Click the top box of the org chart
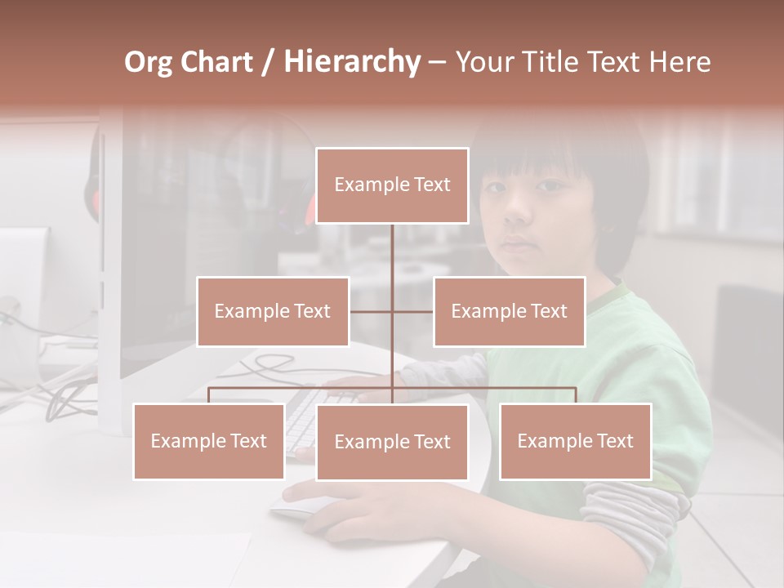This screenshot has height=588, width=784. [x=392, y=185]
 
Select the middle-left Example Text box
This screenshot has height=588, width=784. [x=273, y=311]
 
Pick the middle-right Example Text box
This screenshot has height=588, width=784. [x=509, y=311]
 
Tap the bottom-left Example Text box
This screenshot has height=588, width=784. [x=209, y=441]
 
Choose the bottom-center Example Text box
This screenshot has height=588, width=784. [x=392, y=442]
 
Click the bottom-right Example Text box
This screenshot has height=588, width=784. [x=576, y=441]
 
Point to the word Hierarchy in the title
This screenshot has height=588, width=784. [x=351, y=62]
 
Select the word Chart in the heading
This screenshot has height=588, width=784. [x=219, y=62]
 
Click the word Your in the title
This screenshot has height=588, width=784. [x=482, y=62]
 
